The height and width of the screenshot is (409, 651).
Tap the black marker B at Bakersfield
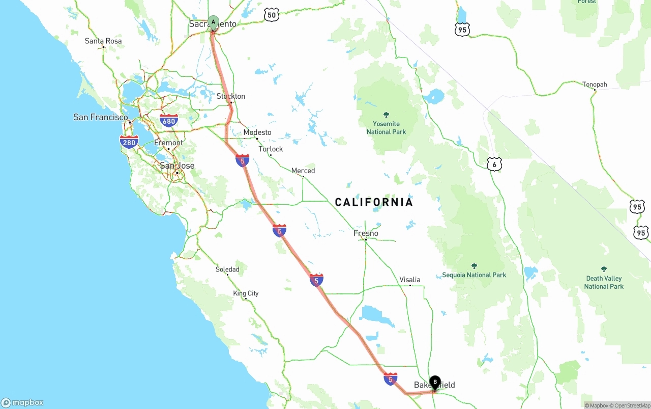pos(435,382)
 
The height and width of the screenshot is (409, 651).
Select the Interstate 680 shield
pos(169,121)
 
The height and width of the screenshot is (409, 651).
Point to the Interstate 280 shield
pos(129,142)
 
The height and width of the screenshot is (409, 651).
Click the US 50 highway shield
pos(272,15)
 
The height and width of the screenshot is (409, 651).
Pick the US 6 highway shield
pos(494,164)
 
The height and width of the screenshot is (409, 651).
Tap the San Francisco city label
pos(101,117)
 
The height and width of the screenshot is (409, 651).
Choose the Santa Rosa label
pos(103,41)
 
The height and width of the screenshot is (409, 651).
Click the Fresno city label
pos(366,233)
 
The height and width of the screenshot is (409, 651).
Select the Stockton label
pos(231,96)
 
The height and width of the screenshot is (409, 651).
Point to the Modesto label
pos(257,132)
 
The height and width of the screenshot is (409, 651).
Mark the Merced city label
pos(303,171)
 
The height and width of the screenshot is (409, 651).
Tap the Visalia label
pos(410,280)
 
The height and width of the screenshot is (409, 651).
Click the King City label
pos(246,293)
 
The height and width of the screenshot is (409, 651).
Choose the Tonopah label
pos(595,84)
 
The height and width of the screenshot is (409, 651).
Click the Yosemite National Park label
pos(386,128)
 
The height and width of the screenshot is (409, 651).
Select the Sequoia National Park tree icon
pos(474,266)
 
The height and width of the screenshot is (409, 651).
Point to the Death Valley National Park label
pos(604,282)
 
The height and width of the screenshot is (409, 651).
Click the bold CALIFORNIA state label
pos(374,202)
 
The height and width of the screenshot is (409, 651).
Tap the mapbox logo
pos(22,402)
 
